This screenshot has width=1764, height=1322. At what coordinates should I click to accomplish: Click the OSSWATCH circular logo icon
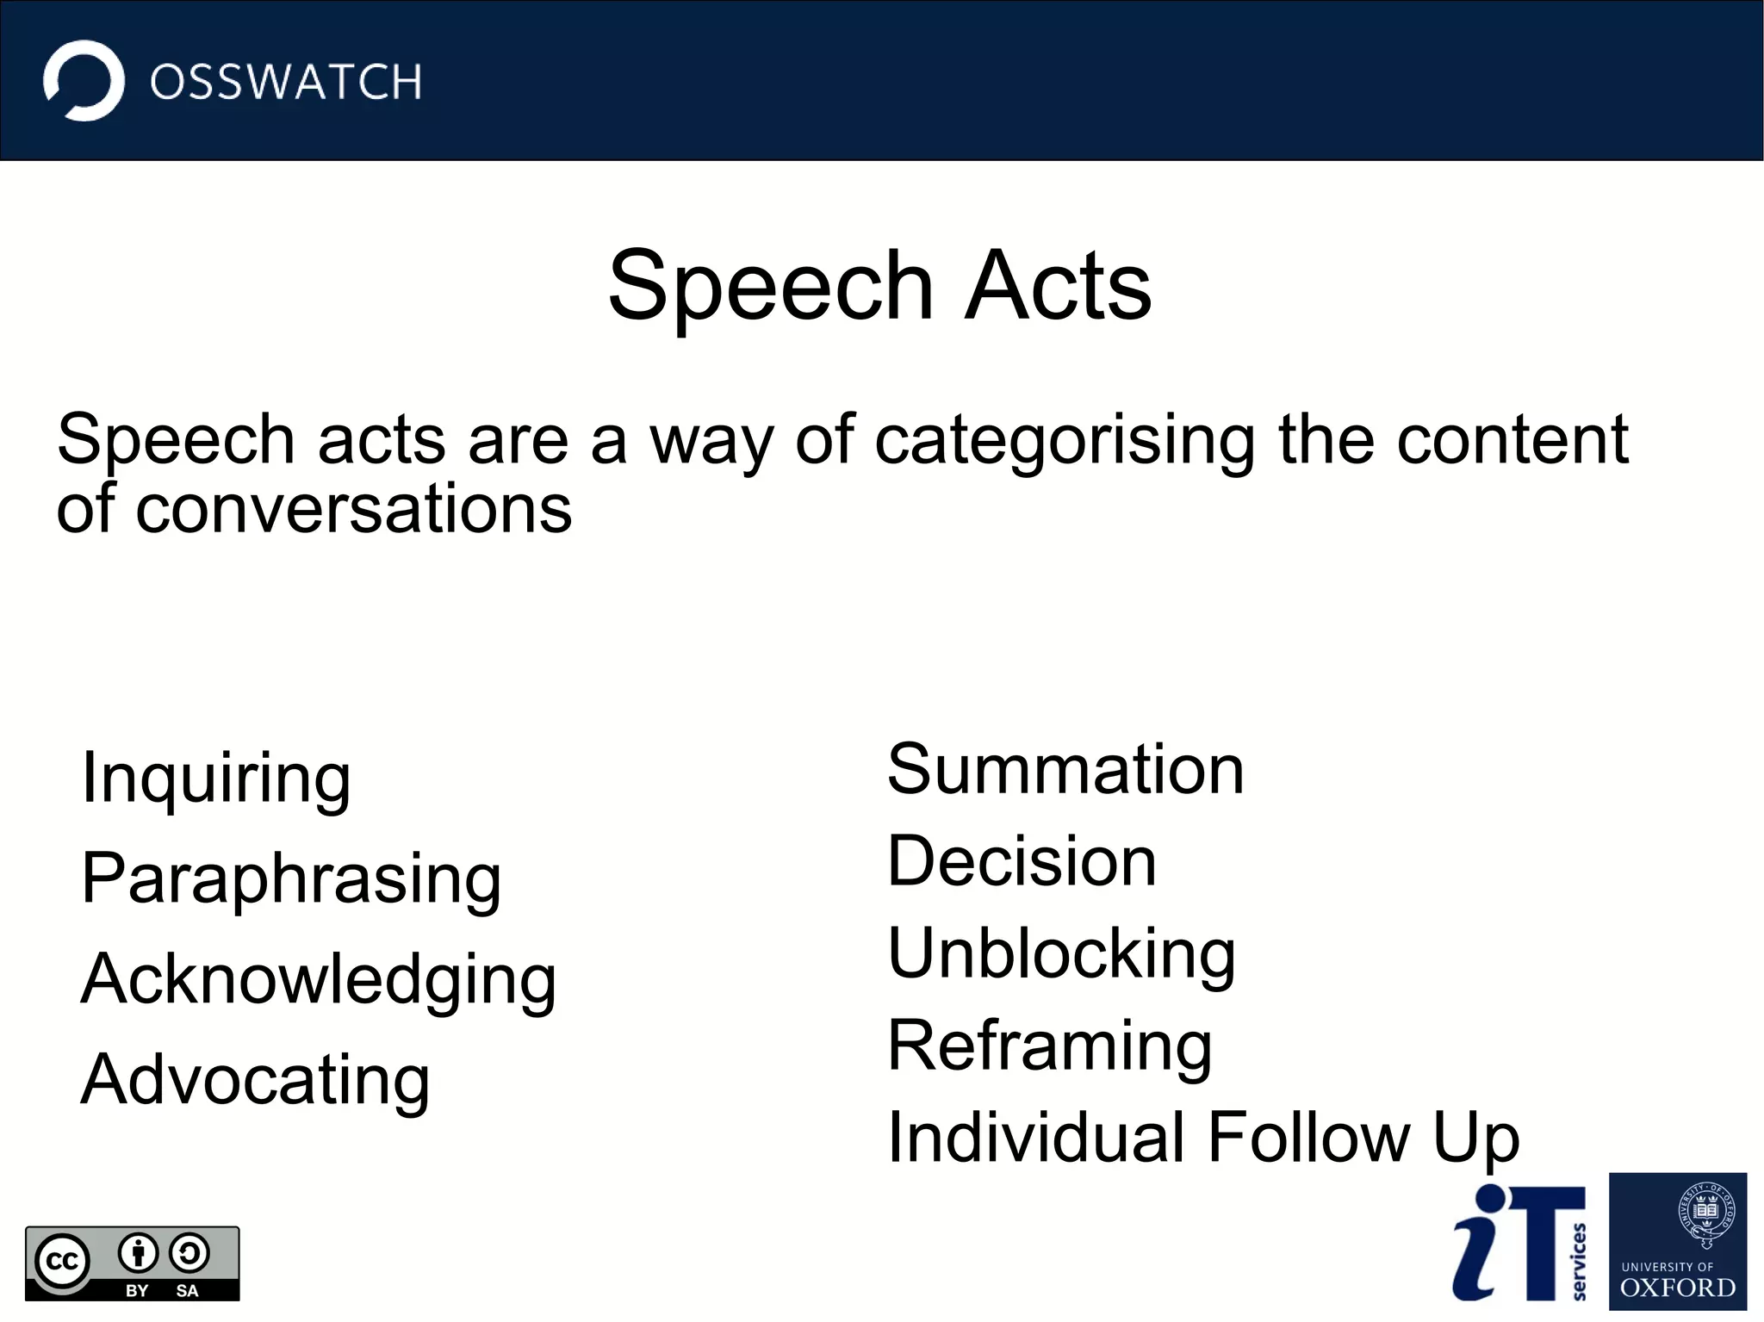pos(84,81)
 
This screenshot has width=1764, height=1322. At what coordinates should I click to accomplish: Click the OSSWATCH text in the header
pos(286,83)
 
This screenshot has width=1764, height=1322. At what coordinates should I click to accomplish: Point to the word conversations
pos(353,509)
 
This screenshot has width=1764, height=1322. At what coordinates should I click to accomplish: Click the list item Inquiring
pos(216,779)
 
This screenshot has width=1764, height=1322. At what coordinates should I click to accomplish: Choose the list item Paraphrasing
pos(291,879)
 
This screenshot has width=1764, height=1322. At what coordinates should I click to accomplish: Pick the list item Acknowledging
pos(319,980)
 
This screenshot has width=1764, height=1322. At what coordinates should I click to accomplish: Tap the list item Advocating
pos(255,1081)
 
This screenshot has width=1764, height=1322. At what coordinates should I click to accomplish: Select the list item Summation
pos(1065,769)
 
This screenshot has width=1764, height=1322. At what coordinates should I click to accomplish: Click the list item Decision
pos(1022,861)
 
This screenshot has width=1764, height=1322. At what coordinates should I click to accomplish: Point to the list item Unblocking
pos(1061,954)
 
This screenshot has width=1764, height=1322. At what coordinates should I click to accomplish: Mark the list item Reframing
pos(1050,1046)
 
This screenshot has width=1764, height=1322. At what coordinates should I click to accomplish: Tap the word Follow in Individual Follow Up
pos(1308,1138)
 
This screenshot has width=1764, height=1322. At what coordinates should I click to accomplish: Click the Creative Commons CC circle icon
pos(62,1262)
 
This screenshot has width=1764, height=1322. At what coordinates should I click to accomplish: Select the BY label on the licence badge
pos(137,1290)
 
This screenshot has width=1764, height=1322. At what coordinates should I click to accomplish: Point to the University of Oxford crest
pos(1705,1214)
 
